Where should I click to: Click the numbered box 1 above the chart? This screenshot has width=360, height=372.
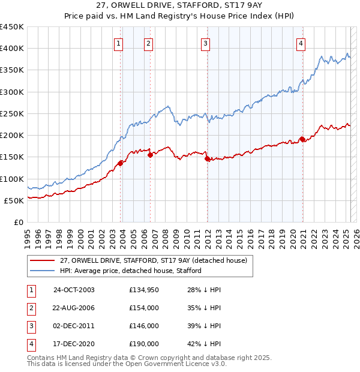point(119,43)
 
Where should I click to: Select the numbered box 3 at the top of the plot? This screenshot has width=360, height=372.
point(205,43)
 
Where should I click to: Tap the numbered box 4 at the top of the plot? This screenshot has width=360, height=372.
point(301,43)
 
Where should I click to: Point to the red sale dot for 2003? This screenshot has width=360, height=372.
point(121,163)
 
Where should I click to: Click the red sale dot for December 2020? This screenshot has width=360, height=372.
point(302,140)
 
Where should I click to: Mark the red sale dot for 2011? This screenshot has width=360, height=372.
point(207,159)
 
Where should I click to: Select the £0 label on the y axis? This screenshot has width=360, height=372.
point(18,222)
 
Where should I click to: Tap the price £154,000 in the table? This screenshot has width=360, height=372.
point(144,308)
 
